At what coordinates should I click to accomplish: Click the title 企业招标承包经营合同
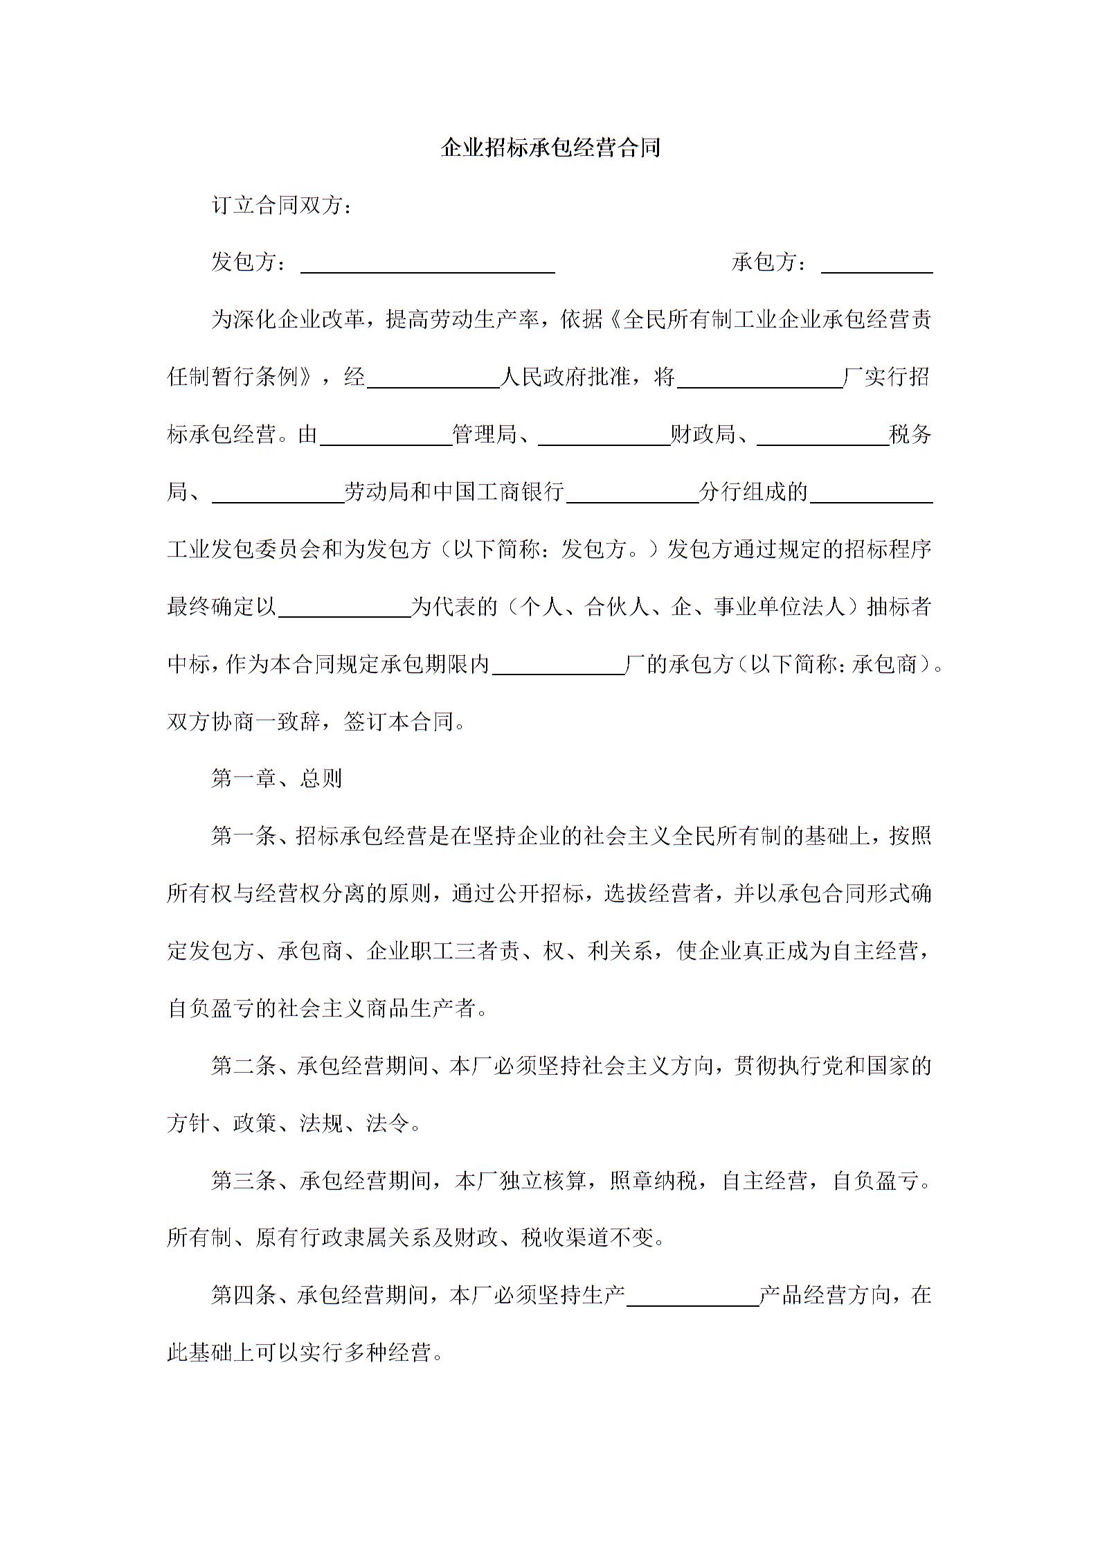(550, 148)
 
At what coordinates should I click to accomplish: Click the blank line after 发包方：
(427, 266)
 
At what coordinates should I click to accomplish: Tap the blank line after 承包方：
(876, 266)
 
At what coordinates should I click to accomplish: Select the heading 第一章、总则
(277, 779)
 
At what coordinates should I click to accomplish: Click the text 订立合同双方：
(282, 206)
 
